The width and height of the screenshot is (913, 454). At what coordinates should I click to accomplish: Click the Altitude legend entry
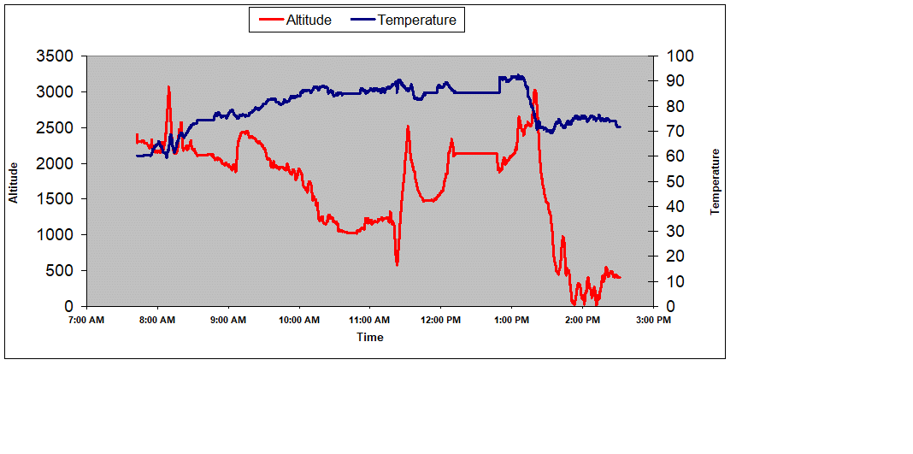[296, 20]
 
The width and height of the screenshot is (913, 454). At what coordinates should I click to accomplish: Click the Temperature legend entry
[405, 20]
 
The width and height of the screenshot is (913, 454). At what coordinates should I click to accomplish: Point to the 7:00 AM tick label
[86, 321]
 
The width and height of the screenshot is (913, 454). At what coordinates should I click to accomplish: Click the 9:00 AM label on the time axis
[228, 321]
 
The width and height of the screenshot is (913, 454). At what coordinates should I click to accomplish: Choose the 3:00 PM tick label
[653, 321]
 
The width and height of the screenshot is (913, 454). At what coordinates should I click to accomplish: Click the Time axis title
[370, 337]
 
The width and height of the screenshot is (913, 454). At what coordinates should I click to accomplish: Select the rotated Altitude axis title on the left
[14, 181]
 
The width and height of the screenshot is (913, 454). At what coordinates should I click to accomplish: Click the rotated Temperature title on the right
[716, 181]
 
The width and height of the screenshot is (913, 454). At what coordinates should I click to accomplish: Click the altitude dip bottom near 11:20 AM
[397, 263]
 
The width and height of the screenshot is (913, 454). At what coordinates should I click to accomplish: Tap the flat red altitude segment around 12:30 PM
[475, 153]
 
